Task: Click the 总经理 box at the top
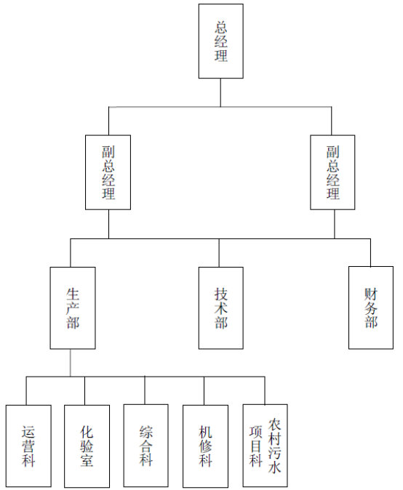point(220,41)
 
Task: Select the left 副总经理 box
point(108,172)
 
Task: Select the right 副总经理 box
point(332,172)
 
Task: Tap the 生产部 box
point(73,308)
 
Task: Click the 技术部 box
point(220,308)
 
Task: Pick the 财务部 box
point(371,308)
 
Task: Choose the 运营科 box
point(28,446)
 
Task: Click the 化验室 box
point(87,446)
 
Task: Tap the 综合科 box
point(145,446)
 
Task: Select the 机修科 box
point(205,446)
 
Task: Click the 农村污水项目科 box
point(265,446)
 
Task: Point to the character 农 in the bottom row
point(274,424)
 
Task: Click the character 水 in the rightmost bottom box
point(274,467)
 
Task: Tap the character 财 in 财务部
point(371,294)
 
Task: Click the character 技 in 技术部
point(220,294)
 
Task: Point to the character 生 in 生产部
point(73,294)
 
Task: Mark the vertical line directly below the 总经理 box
point(220,92)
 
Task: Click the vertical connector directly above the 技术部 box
point(219,253)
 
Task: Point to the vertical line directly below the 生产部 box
point(70,363)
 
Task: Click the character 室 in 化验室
point(87,460)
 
